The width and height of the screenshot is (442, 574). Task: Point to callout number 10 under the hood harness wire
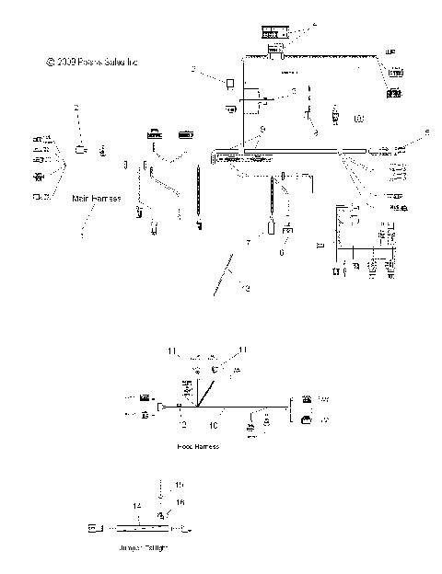[x=213, y=425]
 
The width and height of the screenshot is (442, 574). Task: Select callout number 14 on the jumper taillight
[x=135, y=506]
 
